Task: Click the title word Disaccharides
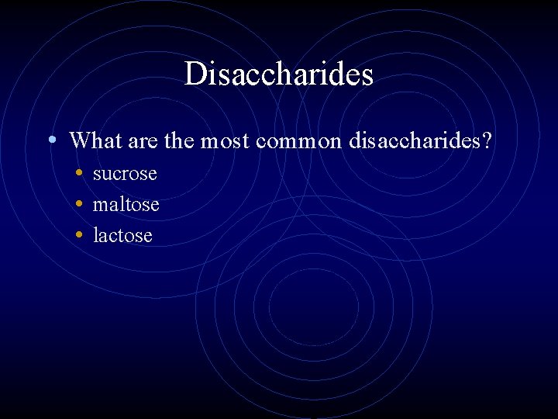pyautogui.click(x=279, y=74)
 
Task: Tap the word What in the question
pyautogui.click(x=92, y=141)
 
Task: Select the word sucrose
pyautogui.click(x=125, y=174)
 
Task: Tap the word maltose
pyautogui.click(x=126, y=205)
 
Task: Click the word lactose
pyautogui.click(x=122, y=235)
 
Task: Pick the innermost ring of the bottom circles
pyautogui.click(x=314, y=306)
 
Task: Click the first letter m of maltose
pyautogui.click(x=100, y=206)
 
